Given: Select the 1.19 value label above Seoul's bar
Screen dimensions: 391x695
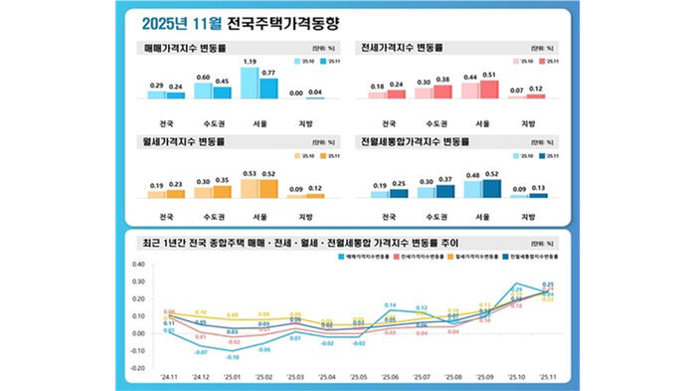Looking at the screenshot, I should (250, 63).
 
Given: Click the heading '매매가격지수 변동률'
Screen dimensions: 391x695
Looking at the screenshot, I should (190, 47).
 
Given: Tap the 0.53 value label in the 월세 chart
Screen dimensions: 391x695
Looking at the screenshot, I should (250, 174).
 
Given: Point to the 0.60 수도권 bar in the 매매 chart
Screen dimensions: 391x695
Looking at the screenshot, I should (203, 91).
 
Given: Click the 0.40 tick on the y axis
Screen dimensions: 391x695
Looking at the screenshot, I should (138, 265).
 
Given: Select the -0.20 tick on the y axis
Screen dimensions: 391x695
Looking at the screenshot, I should (138, 367).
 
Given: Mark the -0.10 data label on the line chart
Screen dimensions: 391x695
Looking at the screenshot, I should (233, 356).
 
